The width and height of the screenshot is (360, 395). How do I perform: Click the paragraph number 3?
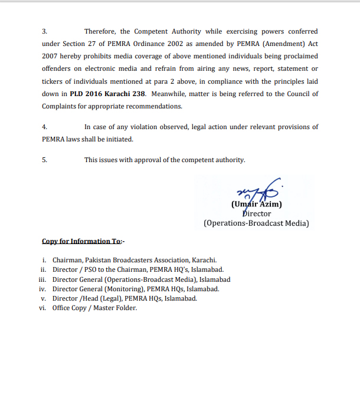pos(44,31)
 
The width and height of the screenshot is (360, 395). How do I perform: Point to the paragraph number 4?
pos(44,127)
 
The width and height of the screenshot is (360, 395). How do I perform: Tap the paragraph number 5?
pos(44,160)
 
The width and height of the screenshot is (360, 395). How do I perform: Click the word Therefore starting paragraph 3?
pos(100,31)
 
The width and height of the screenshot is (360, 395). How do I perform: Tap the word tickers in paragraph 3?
pos(53,81)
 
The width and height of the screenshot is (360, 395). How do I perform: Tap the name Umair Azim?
pos(256,205)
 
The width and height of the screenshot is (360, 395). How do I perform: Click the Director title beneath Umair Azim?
pos(256,214)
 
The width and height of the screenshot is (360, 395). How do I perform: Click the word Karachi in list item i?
pos(204,260)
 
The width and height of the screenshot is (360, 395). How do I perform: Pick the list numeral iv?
pos(42,289)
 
